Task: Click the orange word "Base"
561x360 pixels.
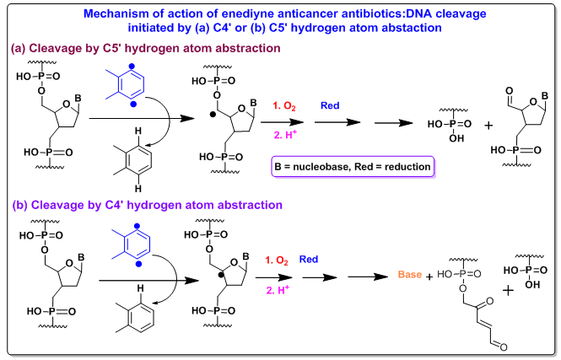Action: click(x=404, y=275)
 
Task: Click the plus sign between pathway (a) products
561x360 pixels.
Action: click(x=489, y=126)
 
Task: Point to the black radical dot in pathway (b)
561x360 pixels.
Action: click(x=218, y=273)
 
